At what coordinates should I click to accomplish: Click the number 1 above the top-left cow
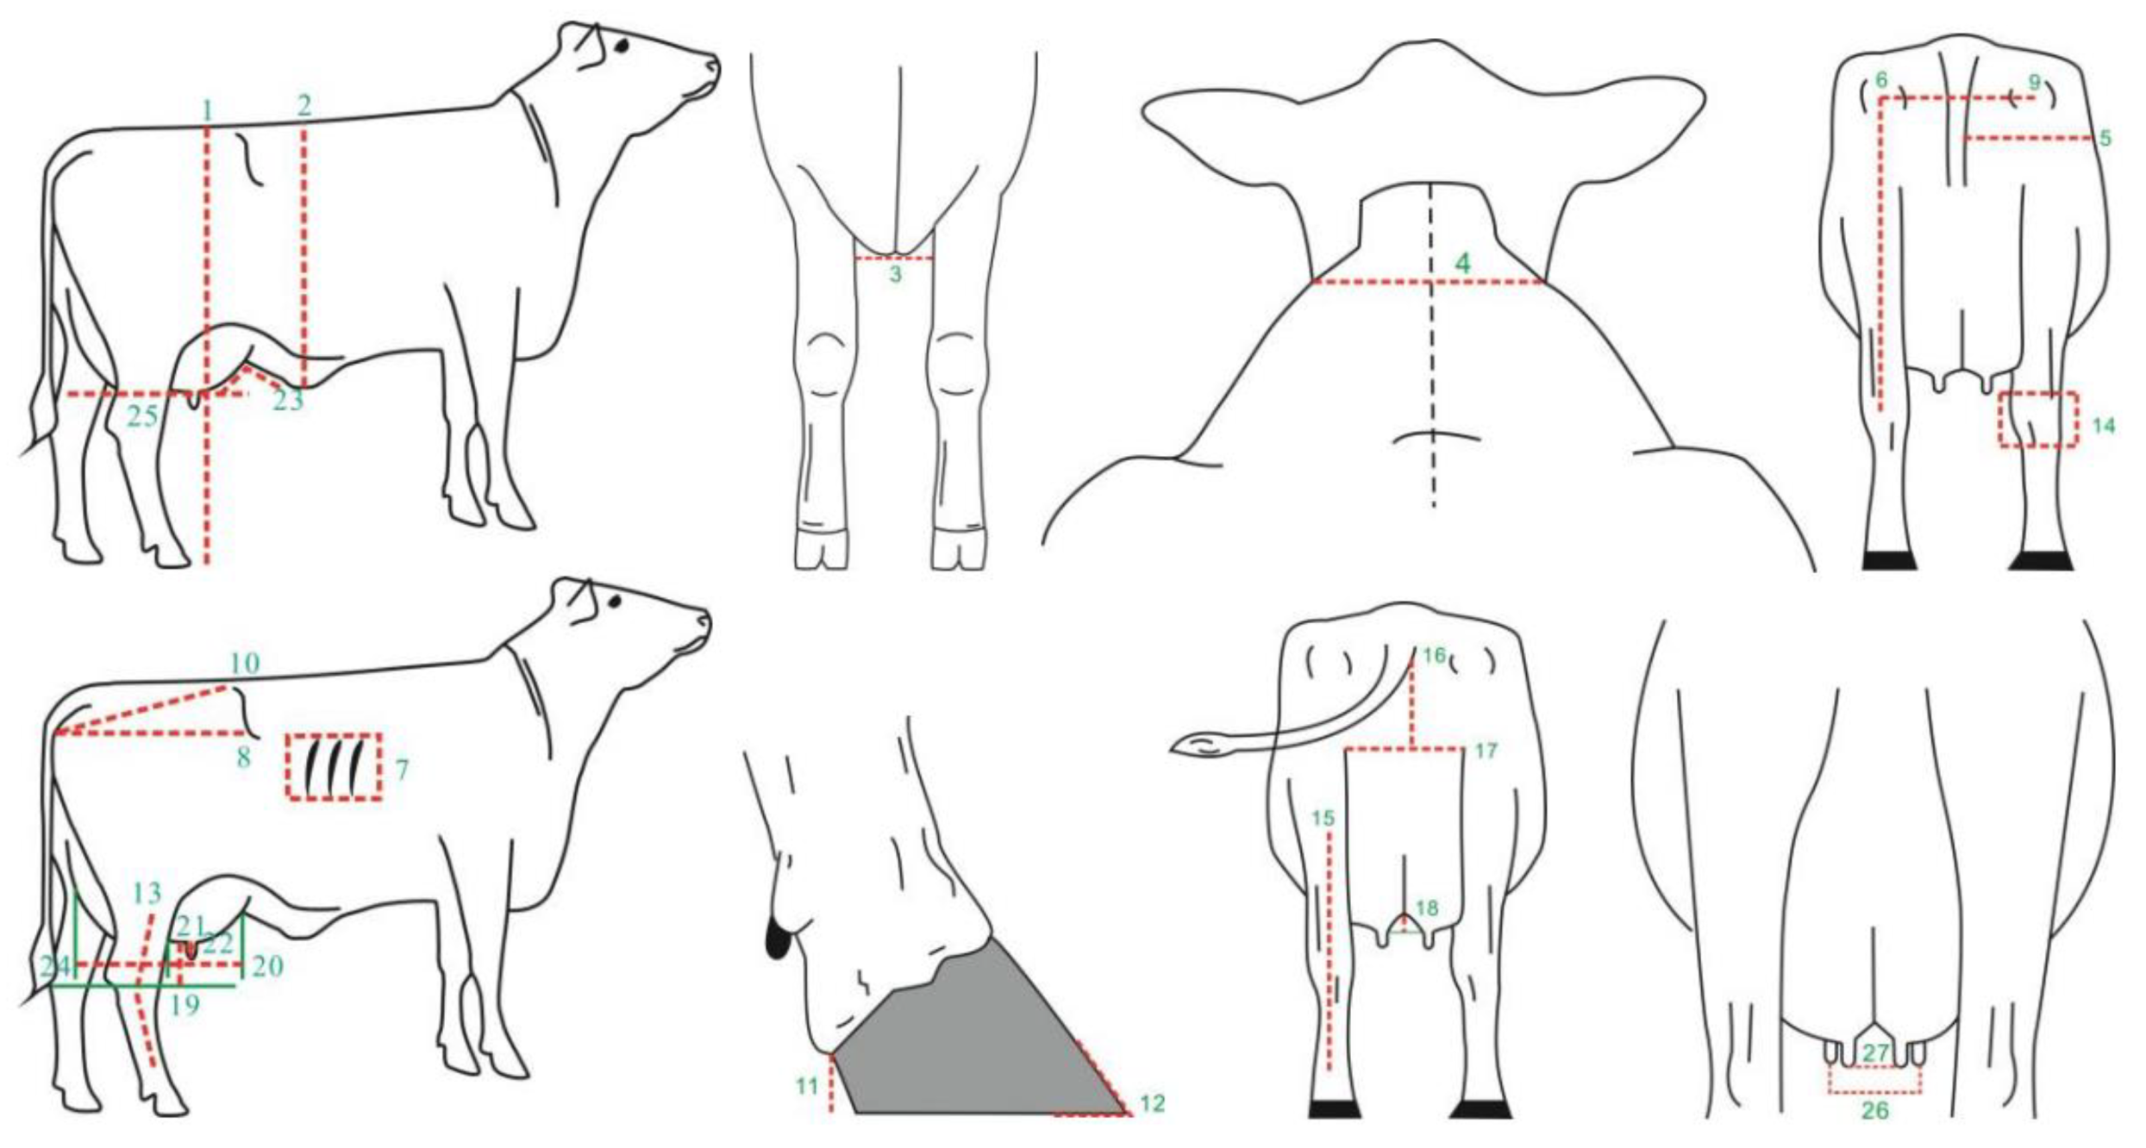pyautogui.click(x=207, y=110)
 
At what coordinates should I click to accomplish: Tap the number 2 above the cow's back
pyautogui.click(x=304, y=106)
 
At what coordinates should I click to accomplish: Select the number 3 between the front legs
pyautogui.click(x=895, y=275)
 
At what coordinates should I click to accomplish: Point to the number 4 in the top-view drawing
pyautogui.click(x=1462, y=264)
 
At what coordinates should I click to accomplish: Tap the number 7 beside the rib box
pyautogui.click(x=402, y=769)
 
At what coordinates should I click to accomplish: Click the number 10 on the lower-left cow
pyautogui.click(x=245, y=664)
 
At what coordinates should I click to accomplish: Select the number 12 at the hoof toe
pyautogui.click(x=1152, y=1103)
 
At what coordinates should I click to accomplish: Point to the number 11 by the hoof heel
pyautogui.click(x=806, y=1085)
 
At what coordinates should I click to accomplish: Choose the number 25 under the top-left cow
pyautogui.click(x=143, y=416)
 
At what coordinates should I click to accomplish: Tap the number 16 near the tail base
pyautogui.click(x=1434, y=656)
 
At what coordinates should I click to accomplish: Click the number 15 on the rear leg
pyautogui.click(x=1323, y=818)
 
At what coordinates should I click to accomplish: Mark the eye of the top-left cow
pyautogui.click(x=622, y=47)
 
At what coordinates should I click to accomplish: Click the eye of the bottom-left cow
pyautogui.click(x=614, y=602)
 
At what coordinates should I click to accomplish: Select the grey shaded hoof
pyautogui.click(x=974, y=1034)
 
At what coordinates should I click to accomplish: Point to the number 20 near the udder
pyautogui.click(x=267, y=966)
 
